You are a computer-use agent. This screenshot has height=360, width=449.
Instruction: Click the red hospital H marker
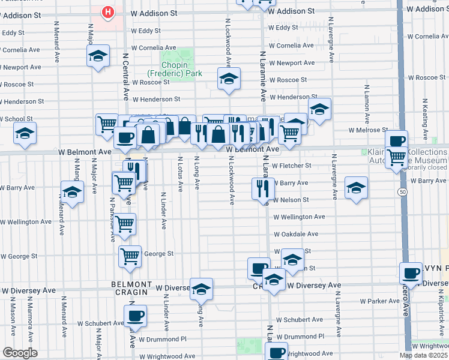pyautogui.click(x=107, y=11)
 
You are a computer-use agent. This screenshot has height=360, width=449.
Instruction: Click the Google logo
pyautogui.click(x=20, y=353)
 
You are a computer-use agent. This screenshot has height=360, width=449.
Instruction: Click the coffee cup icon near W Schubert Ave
pyautogui.click(x=135, y=316)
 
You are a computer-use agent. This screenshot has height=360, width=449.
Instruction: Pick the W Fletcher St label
pyautogui.click(x=291, y=166)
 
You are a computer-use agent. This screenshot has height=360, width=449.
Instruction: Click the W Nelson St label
pyautogui.click(x=291, y=200)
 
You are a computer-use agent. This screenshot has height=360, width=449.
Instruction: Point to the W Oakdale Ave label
pyautogui.click(x=296, y=235)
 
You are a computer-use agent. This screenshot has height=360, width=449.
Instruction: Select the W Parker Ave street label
pyautogui.click(x=380, y=301)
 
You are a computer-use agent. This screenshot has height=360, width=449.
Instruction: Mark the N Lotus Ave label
pyautogui.click(x=179, y=174)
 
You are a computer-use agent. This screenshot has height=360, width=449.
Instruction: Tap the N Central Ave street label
pyautogui.click(x=126, y=75)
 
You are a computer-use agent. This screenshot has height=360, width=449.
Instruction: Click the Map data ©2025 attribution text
pyautogui.click(x=423, y=355)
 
